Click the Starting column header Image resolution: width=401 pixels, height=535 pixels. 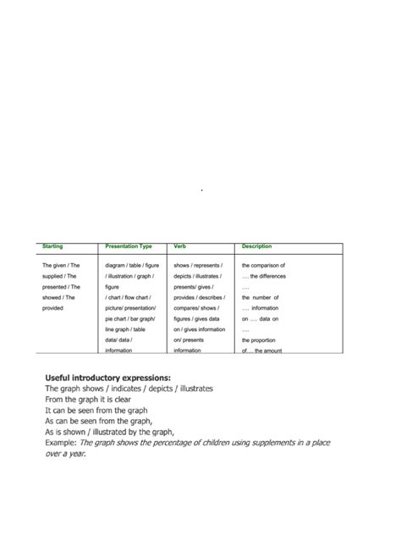coord(52,246)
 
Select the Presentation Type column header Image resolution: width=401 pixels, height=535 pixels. coord(128,246)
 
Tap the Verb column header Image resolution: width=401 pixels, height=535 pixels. coord(180,246)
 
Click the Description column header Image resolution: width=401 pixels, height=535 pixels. coord(256,246)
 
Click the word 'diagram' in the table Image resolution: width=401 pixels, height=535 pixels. coord(116,265)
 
